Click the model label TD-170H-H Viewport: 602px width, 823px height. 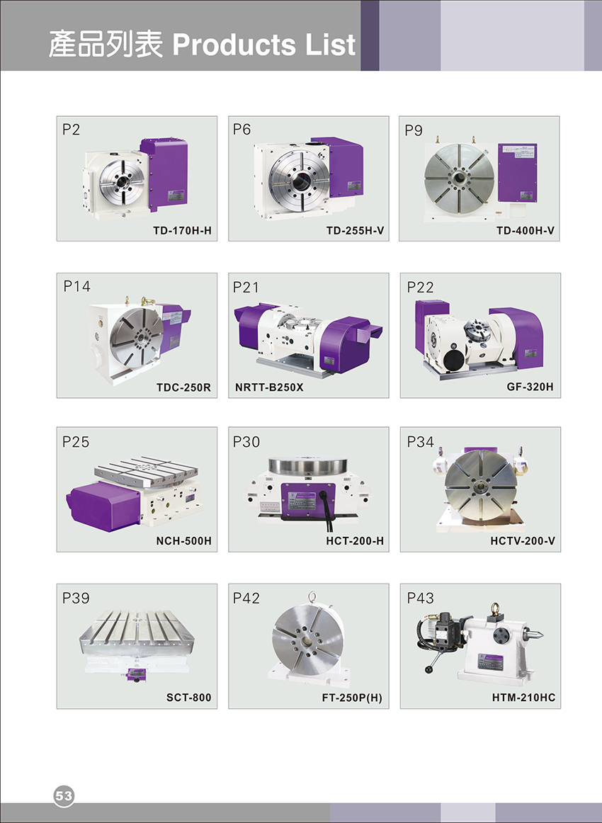click(x=182, y=230)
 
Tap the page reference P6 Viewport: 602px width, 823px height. click(x=242, y=129)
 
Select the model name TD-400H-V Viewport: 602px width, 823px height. click(x=526, y=230)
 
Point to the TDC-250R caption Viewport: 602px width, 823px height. click(x=183, y=387)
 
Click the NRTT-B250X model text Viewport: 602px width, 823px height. click(x=268, y=387)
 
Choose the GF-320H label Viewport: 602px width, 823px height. click(x=530, y=387)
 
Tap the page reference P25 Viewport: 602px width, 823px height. click(x=76, y=442)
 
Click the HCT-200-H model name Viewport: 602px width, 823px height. click(x=355, y=540)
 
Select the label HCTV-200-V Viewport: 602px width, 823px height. click(x=523, y=540)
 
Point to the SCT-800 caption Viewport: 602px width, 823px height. click(x=189, y=698)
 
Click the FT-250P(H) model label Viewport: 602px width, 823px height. click(x=352, y=698)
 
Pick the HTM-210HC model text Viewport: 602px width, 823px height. click(x=523, y=698)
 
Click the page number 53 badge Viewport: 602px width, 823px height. click(x=64, y=795)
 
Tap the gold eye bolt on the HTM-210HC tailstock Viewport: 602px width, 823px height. click(x=494, y=611)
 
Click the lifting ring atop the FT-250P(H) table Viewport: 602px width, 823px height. click(x=312, y=596)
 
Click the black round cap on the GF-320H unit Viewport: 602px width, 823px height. click(x=453, y=361)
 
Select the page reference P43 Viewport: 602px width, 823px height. click(x=421, y=598)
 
